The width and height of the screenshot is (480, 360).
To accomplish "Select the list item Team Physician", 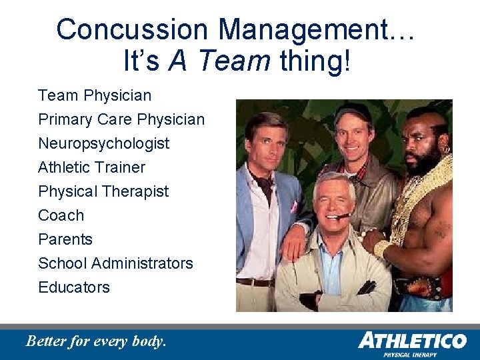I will pyautogui.click(x=95, y=95).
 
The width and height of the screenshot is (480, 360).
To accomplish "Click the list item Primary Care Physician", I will pyautogui.click(x=121, y=119).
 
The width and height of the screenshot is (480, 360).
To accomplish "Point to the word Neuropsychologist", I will pyautogui.click(x=103, y=143).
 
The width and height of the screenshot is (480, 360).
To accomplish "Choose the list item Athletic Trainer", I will pyautogui.click(x=91, y=167).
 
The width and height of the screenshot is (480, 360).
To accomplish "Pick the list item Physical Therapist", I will pyautogui.click(x=103, y=191).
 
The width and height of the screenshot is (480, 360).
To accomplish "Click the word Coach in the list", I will pyautogui.click(x=61, y=215).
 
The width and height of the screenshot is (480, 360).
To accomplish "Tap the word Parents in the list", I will pyautogui.click(x=65, y=239).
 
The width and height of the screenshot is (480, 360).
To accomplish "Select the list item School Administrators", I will pyautogui.click(x=115, y=263).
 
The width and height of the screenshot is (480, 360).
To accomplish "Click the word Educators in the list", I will pyautogui.click(x=74, y=287).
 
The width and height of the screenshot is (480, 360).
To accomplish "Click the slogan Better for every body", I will pyautogui.click(x=95, y=341).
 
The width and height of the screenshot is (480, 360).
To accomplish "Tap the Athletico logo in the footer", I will pyautogui.click(x=411, y=341).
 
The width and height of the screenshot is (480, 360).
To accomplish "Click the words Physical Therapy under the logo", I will pyautogui.click(x=410, y=355).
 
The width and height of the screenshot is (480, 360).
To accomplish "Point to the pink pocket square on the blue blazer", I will pyautogui.click(x=293, y=207).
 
